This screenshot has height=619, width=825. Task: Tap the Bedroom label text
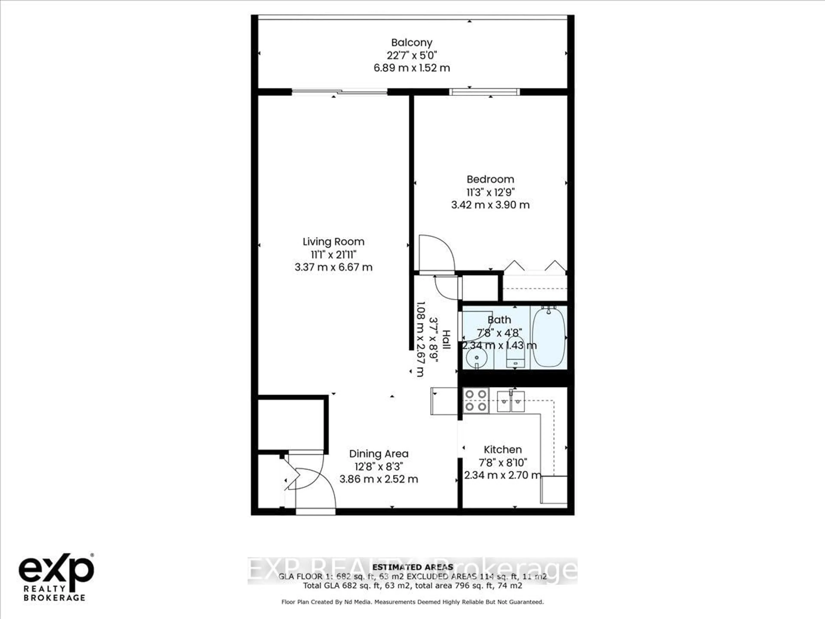490,179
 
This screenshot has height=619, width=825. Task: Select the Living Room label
333,242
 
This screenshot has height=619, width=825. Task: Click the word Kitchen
502,450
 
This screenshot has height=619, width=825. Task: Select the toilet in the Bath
515,354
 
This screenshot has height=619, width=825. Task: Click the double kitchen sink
511,401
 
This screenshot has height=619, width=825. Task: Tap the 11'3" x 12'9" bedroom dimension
490,192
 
